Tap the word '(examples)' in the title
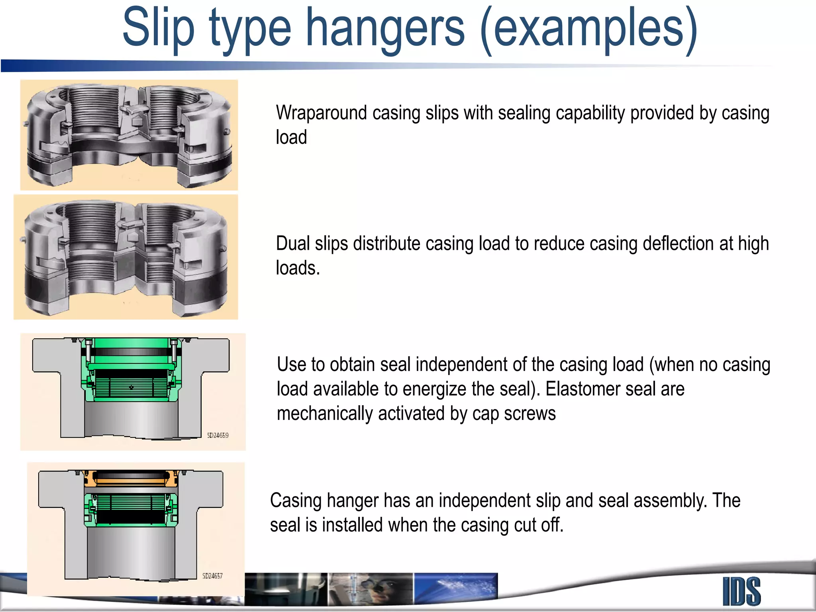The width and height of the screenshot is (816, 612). tap(589, 29)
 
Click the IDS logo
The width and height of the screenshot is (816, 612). tap(741, 591)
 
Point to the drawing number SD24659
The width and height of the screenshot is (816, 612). tap(218, 435)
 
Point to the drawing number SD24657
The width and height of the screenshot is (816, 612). tap(212, 576)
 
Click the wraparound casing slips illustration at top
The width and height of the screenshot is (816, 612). tap(129, 135)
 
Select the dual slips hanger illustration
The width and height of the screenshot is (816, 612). tap(126, 257)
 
